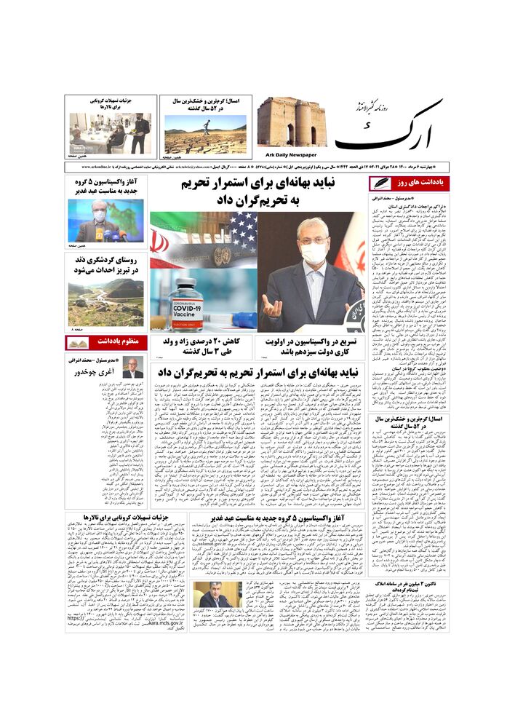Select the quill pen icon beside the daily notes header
coord(380,183)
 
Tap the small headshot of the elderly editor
coord(132,368)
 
